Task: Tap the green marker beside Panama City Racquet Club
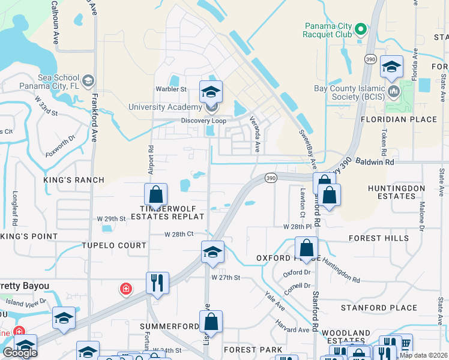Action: pyautogui.click(x=360, y=29)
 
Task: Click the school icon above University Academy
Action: pyautogui.click(x=211, y=92)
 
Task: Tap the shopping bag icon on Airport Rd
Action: pyautogui.click(x=155, y=194)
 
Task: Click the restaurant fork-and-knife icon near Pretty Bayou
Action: pyautogui.click(x=157, y=283)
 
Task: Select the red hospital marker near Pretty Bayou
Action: pyautogui.click(x=126, y=289)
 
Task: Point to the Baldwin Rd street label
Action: pyautogui.click(x=376, y=162)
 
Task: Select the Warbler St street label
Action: pyautogui.click(x=171, y=89)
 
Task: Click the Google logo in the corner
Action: pyautogui.click(x=20, y=353)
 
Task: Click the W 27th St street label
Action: pyautogui.click(x=225, y=278)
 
